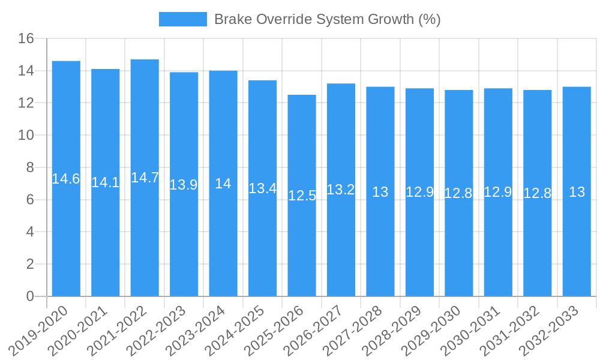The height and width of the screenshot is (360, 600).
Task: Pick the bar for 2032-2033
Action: click(577, 191)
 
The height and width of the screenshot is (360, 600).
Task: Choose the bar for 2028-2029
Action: click(419, 192)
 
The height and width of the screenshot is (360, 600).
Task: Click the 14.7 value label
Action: click(145, 178)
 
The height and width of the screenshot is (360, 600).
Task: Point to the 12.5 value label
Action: click(302, 196)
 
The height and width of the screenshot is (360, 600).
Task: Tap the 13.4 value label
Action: click(262, 188)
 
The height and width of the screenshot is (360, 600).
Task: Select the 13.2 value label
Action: click(341, 190)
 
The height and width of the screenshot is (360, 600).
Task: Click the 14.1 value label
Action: click(105, 182)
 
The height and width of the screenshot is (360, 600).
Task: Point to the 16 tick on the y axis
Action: click(26, 39)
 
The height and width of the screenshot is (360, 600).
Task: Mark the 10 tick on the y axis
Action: click(26, 136)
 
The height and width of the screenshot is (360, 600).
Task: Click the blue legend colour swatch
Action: click(182, 19)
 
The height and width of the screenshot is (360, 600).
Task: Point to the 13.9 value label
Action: click(184, 185)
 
